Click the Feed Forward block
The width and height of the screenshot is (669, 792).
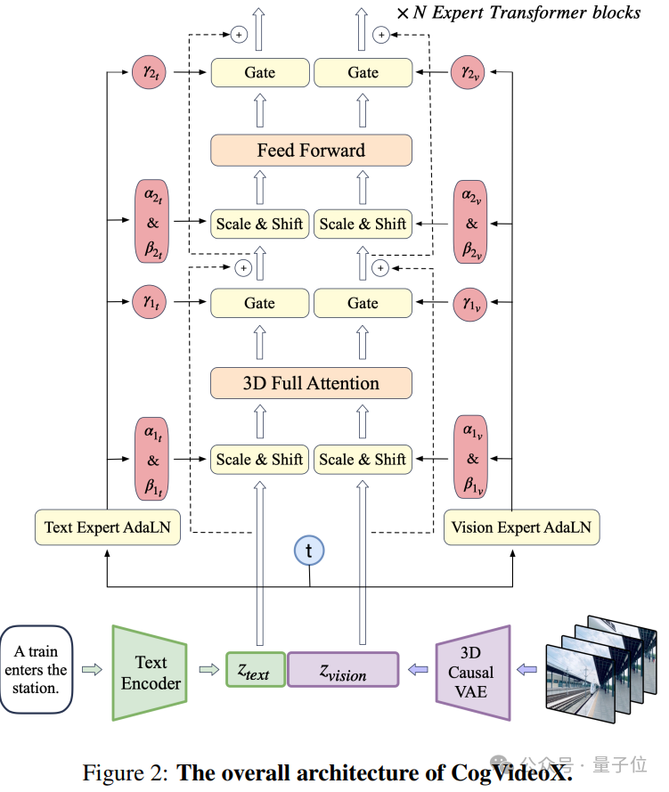coord(311,150)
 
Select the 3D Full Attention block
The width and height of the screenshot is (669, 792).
coord(311,383)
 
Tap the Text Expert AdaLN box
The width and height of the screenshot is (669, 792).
coord(108,527)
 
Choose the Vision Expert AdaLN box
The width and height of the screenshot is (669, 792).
coord(521,527)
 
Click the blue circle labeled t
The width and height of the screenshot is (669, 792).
coord(309,551)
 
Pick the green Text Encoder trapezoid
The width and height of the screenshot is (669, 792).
coord(150,673)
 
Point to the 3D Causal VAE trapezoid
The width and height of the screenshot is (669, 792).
coord(473,673)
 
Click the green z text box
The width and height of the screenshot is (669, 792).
coord(256,670)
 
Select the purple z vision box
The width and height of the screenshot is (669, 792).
coord(343,670)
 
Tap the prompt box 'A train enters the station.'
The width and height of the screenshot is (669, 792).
coord(37,670)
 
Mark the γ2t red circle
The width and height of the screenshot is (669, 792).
coord(149,72)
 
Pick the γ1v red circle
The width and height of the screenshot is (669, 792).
coord(470,304)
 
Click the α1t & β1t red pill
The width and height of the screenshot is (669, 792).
coord(151,459)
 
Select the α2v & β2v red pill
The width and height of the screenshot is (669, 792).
coord(470,222)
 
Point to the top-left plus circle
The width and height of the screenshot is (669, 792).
coord(239,35)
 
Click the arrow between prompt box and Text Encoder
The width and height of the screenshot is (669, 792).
coord(92,670)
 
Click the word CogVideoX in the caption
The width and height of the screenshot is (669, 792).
coord(511,772)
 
